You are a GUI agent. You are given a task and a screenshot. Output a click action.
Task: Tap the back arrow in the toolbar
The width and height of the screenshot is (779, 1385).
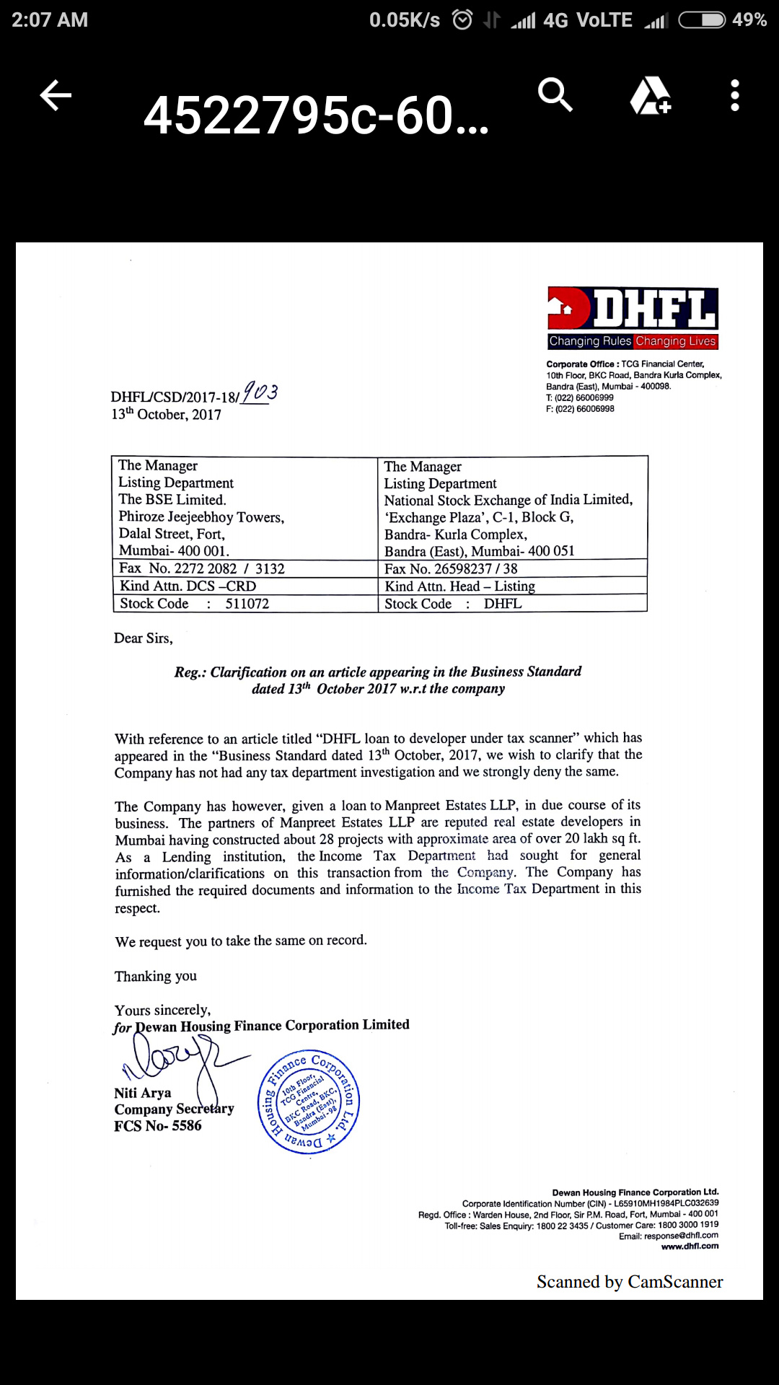[56, 95]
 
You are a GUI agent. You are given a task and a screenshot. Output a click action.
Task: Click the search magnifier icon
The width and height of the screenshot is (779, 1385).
[555, 94]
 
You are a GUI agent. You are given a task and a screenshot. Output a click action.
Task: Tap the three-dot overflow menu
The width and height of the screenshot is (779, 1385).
[734, 95]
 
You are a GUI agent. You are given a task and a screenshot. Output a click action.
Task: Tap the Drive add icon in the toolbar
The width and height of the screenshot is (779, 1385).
[651, 95]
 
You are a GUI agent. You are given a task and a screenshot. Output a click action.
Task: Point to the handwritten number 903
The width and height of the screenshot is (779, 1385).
[260, 392]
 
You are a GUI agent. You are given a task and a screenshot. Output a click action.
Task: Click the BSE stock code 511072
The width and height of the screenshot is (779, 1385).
[247, 604]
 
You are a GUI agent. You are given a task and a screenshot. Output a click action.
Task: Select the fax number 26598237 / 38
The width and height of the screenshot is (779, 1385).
[476, 568]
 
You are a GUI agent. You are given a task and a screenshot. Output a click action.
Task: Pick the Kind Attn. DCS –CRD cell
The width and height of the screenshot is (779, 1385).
[188, 586]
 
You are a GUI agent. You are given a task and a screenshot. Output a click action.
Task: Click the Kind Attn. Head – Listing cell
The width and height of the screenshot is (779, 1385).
[459, 586]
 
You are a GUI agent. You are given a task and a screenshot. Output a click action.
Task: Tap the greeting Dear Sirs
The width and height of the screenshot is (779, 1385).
[144, 638]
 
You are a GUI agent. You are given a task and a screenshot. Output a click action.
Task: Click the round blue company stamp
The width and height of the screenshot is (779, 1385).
[309, 1102]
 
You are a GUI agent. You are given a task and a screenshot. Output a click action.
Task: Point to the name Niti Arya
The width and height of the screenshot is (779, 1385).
[143, 1093]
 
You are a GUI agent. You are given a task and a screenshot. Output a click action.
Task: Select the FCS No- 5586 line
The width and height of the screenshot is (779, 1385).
[158, 1126]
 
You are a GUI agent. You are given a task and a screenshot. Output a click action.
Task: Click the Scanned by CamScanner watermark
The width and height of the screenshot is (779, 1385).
[629, 1282]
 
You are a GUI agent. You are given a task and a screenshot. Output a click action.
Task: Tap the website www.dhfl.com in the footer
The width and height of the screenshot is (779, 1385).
[690, 1246]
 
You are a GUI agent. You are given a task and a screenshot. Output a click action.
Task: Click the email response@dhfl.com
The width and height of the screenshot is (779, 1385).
[681, 1235]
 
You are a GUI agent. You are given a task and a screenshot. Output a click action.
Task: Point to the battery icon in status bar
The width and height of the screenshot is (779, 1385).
[702, 19]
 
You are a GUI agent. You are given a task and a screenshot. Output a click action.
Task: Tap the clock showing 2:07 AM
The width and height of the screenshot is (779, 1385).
[50, 19]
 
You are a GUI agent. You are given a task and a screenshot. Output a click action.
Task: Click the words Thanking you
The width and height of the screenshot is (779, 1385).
[156, 976]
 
